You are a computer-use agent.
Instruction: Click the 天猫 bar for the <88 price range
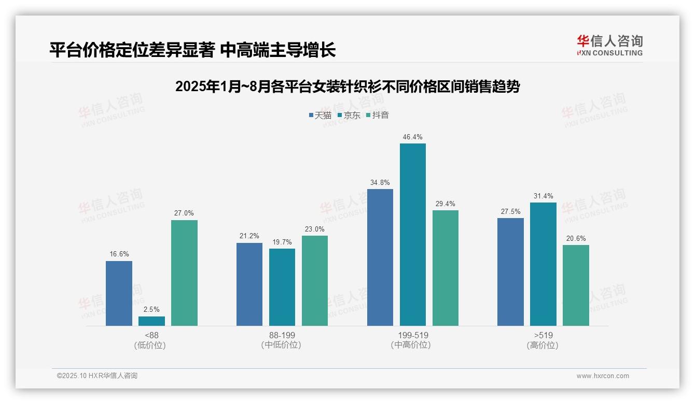[x=119, y=293]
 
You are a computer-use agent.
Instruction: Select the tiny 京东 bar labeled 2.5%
[x=151, y=321]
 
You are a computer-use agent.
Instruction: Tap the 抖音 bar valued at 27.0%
[x=184, y=273]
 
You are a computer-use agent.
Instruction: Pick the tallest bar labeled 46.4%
[x=412, y=235]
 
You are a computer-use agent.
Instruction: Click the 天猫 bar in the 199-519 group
[x=380, y=257]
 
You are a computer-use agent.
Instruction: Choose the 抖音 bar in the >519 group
[x=576, y=285]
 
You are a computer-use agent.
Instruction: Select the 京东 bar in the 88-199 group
[x=282, y=287]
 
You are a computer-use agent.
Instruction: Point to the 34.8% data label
[x=380, y=182]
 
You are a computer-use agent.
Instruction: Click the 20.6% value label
[x=576, y=238]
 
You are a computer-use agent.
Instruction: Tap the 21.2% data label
[x=249, y=236]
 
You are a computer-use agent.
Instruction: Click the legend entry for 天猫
[x=320, y=115]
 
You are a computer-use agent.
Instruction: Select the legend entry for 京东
[x=349, y=115]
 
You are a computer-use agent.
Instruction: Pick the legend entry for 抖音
[x=378, y=115]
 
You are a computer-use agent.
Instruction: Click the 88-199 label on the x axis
[x=282, y=335]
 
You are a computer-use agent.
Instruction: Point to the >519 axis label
[x=543, y=335]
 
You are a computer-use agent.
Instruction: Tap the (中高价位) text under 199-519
[x=411, y=345]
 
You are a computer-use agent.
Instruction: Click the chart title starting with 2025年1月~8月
[x=347, y=86]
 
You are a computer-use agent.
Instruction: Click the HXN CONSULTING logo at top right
[x=609, y=46]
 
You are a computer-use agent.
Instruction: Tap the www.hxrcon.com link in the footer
[x=603, y=376]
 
